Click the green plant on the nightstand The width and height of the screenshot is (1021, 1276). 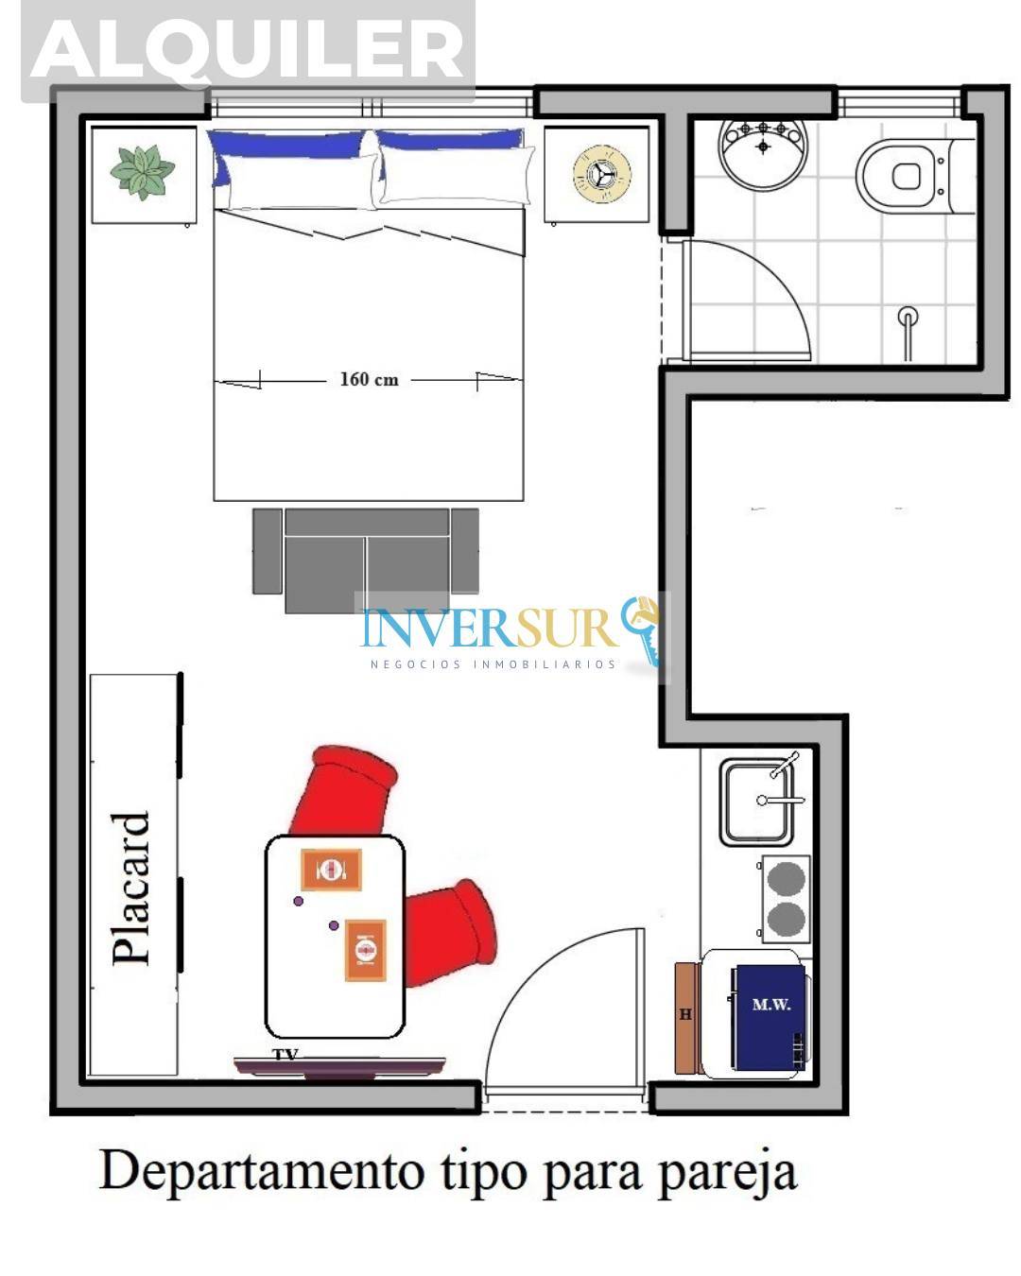click(143, 172)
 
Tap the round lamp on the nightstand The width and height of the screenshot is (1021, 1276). click(601, 174)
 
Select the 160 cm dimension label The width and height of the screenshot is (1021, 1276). click(369, 379)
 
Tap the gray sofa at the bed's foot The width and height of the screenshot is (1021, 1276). click(366, 560)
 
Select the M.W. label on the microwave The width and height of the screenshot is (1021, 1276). click(770, 1005)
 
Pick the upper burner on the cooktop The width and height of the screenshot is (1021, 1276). click(786, 879)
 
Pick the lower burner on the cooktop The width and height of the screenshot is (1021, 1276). click(786, 919)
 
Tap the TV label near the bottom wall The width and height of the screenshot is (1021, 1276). click(286, 1054)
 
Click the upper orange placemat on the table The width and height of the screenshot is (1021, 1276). click(331, 870)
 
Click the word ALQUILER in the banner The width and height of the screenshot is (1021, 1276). click(248, 50)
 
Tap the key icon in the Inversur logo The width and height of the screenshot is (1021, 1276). click(642, 629)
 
